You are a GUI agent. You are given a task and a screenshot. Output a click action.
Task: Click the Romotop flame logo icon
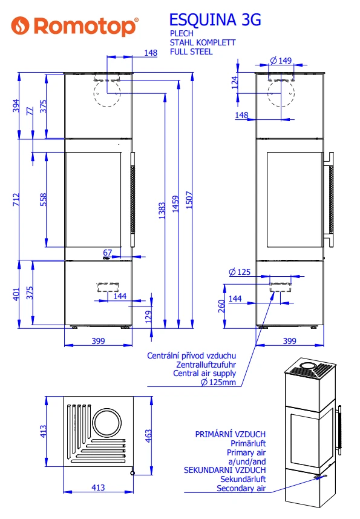(x=20, y=25)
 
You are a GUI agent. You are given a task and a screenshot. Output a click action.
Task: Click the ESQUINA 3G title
(x=215, y=20)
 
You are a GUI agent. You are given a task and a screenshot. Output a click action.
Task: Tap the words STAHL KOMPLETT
(x=203, y=43)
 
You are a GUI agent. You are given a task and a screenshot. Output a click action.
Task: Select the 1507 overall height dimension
(x=189, y=200)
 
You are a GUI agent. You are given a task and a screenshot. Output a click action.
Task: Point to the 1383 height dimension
(x=162, y=211)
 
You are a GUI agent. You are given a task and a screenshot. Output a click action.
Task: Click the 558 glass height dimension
(x=44, y=200)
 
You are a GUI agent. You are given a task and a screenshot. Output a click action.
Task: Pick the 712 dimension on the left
(x=16, y=200)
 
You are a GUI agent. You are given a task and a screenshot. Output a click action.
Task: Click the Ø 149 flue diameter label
(x=281, y=61)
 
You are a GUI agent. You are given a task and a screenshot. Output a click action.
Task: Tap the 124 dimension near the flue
(x=234, y=82)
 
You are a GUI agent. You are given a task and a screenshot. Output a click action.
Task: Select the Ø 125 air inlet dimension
(x=240, y=272)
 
